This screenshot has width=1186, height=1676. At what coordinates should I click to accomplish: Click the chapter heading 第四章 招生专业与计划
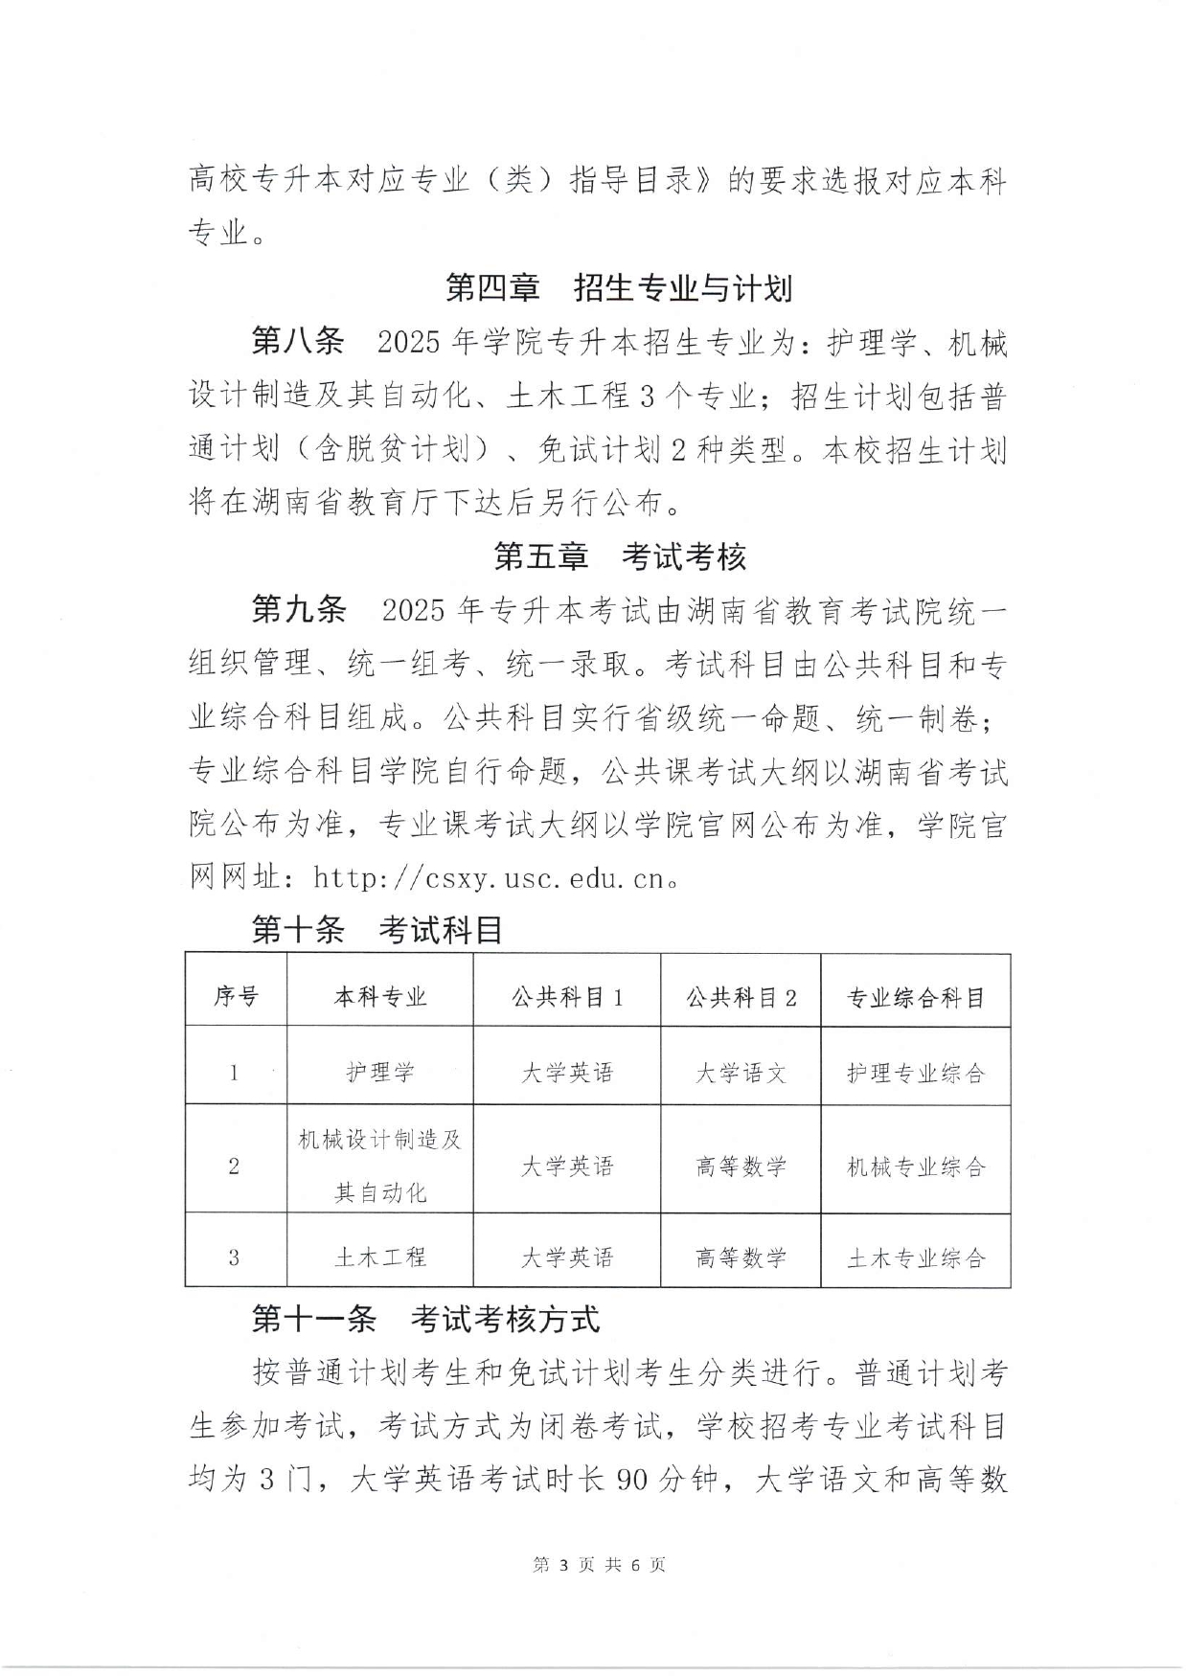tap(619, 287)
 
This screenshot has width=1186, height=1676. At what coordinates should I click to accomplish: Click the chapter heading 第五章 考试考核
tap(619, 556)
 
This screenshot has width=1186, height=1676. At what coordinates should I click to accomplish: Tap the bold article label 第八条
tap(297, 342)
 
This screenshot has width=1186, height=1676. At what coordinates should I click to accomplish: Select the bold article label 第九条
tap(297, 610)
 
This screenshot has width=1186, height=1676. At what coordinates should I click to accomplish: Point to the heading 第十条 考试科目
tap(377, 929)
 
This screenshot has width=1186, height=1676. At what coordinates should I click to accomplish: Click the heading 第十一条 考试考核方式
tap(425, 1319)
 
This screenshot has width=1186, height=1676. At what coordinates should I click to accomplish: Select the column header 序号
tap(236, 997)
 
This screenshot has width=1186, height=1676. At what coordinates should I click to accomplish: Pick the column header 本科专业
tap(380, 997)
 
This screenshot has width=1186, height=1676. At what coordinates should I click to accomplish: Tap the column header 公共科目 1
tap(567, 997)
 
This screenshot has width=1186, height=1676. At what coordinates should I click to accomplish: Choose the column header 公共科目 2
tap(741, 997)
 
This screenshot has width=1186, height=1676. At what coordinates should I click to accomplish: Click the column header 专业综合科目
tap(916, 998)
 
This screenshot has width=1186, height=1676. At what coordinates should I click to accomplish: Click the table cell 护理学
tap(380, 1073)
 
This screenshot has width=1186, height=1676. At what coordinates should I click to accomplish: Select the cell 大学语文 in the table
tap(741, 1073)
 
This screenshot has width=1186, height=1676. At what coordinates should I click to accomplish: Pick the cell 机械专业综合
tap(916, 1166)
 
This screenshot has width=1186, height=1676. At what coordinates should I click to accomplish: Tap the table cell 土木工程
tap(380, 1257)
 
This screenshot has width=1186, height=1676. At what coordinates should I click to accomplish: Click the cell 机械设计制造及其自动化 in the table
tap(380, 1166)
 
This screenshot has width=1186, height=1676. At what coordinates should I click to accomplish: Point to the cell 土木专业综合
tap(916, 1257)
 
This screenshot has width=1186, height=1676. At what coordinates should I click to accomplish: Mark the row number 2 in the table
tap(235, 1166)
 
